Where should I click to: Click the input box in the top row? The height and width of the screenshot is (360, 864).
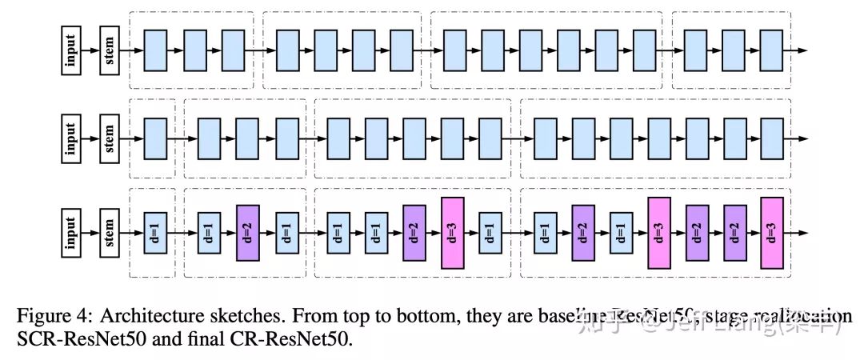(x=72, y=50)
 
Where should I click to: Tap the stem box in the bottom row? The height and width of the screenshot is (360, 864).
(x=110, y=233)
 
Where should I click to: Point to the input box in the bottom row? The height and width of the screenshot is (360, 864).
(x=72, y=233)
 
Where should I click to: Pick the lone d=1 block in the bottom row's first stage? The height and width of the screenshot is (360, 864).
(x=154, y=233)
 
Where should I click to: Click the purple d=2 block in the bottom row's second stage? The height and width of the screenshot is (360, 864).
(x=248, y=233)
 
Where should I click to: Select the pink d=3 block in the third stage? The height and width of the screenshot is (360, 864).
(x=452, y=233)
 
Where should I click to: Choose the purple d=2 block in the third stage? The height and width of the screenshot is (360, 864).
(x=414, y=233)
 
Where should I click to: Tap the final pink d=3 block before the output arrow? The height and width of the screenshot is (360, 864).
(x=771, y=233)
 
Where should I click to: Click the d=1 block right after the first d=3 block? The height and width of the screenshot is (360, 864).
(x=490, y=233)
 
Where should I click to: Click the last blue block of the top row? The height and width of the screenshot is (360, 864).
(x=770, y=50)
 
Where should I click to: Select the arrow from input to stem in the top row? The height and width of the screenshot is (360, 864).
(x=90, y=50)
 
